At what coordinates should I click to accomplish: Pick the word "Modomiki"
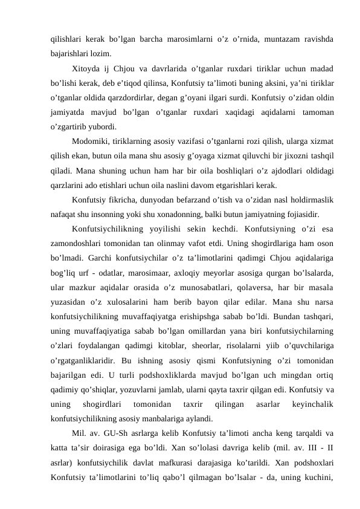90,141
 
